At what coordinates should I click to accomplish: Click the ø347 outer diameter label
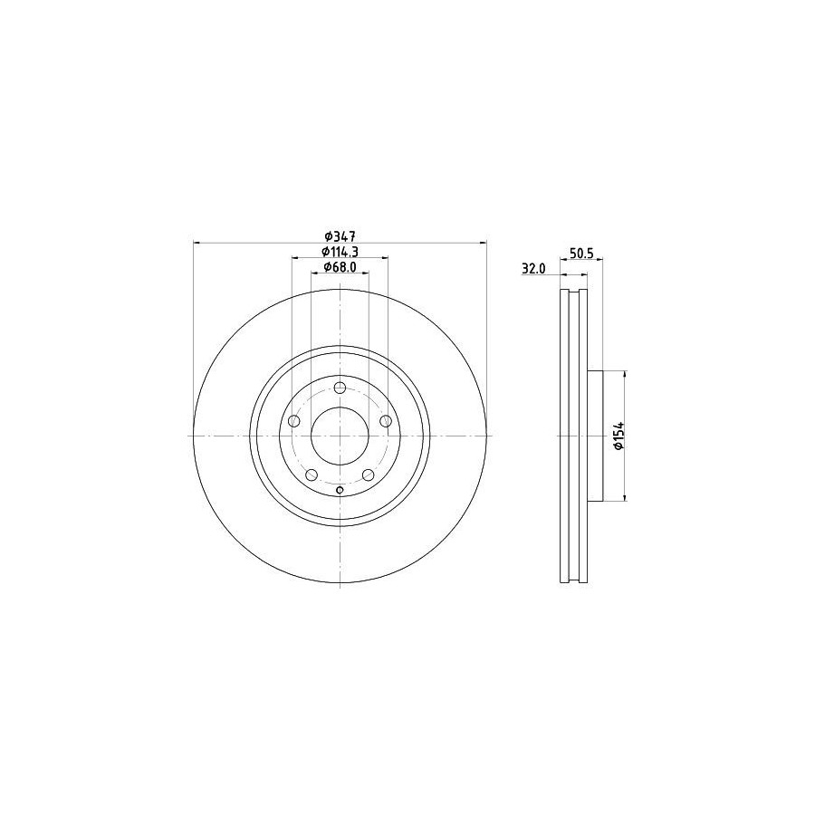(x=340, y=236)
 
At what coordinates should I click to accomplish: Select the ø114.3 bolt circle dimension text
(x=340, y=252)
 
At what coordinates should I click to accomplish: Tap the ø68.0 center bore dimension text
(x=340, y=266)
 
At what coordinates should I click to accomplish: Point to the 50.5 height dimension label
(x=581, y=254)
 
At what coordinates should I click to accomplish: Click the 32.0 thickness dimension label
(x=533, y=269)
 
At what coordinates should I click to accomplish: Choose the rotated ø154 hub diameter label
(x=618, y=436)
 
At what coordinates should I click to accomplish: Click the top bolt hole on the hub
(x=340, y=388)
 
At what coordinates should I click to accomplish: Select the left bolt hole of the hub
(x=294, y=420)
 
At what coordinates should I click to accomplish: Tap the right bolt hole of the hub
(x=386, y=420)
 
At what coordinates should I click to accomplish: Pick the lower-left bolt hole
(x=312, y=475)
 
